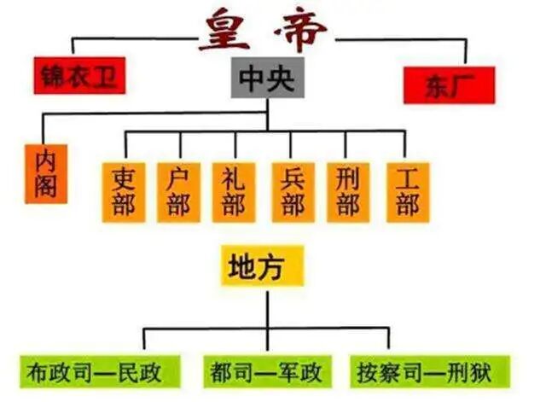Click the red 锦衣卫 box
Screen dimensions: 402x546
click(78, 75)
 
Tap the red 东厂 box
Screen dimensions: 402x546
click(449, 84)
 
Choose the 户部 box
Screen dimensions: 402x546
click(178, 191)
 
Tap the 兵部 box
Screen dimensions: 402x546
click(293, 191)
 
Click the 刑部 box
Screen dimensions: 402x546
click(348, 191)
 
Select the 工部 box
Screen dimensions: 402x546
click(406, 191)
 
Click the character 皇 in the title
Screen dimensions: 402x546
click(227, 32)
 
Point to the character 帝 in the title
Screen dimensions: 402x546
click(299, 32)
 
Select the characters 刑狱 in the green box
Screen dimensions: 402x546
click(481, 372)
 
